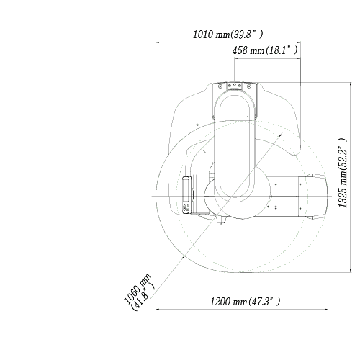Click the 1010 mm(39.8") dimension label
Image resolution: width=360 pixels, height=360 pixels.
(228, 35)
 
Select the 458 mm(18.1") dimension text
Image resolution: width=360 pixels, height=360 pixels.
(265, 50)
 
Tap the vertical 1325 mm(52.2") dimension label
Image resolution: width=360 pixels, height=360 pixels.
(343, 173)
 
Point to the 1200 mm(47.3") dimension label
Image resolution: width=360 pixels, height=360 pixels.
(245, 301)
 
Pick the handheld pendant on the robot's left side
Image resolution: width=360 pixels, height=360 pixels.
(186, 195)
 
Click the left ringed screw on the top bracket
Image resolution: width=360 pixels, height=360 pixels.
(220, 86)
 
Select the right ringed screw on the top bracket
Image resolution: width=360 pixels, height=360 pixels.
(249, 86)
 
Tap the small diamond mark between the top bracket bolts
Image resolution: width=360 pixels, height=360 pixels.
(235, 85)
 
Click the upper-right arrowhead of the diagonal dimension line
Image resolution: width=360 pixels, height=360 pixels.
(280, 135)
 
